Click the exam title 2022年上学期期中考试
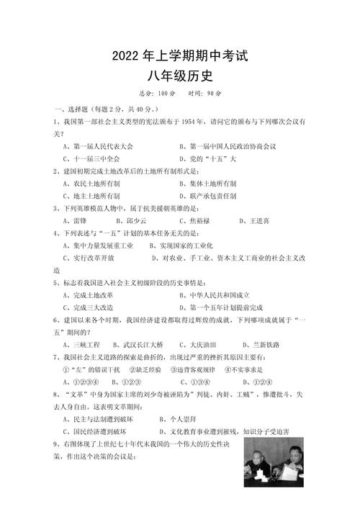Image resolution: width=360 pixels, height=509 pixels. pyautogui.click(x=180, y=55)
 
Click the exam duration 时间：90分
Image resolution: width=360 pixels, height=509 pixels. pyautogui.click(x=205, y=94)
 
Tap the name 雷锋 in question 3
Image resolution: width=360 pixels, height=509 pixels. pyautogui.click(x=76, y=220)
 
